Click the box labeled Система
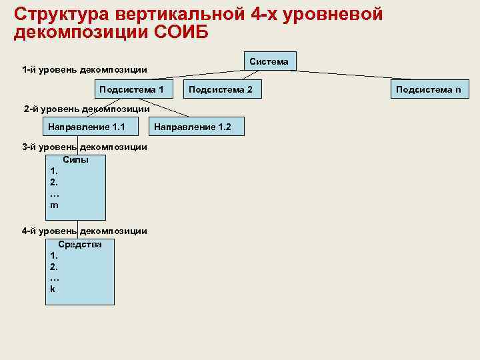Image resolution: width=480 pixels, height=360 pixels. [269, 61]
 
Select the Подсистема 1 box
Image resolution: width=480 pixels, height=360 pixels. [131, 89]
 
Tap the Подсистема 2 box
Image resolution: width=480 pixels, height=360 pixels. [221, 89]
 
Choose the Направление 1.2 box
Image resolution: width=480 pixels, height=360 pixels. [198, 127]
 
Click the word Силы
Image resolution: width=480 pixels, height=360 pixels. [75, 160]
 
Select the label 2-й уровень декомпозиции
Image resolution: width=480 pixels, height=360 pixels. [86, 108]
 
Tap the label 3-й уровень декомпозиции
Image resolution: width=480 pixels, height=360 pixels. [85, 147]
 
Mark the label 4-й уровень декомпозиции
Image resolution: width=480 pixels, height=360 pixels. [85, 231]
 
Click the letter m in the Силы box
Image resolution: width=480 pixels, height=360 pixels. [54, 205]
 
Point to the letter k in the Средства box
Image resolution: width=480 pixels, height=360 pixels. [53, 289]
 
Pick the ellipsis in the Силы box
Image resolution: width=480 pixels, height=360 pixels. [55, 194]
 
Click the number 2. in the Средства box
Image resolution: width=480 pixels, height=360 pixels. [54, 266]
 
